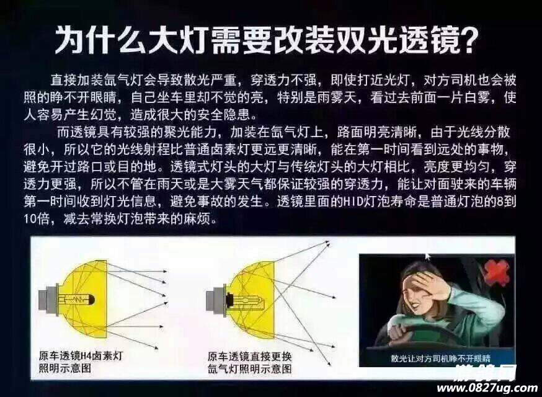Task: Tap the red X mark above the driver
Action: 497,272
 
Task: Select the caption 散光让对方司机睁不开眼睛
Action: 440,358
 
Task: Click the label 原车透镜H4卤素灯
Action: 81,355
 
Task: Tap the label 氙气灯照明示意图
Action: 249,368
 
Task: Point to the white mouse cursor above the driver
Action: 428,257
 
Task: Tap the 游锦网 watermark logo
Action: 486,373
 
